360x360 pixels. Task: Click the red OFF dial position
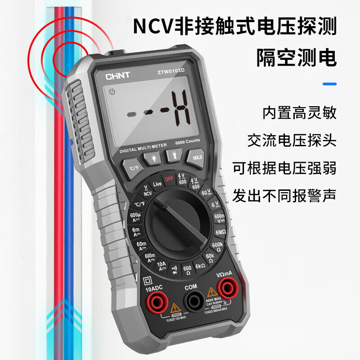tap(169, 179)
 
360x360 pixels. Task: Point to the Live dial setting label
tap(157, 184)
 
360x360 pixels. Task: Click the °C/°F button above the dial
tap(134, 168)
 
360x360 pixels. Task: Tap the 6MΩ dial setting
tap(220, 232)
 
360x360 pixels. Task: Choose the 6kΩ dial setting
tap(200, 266)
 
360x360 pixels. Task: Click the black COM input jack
tap(194, 299)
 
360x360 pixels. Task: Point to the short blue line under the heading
tap(330, 84)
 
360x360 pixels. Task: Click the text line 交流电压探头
tap(292, 141)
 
